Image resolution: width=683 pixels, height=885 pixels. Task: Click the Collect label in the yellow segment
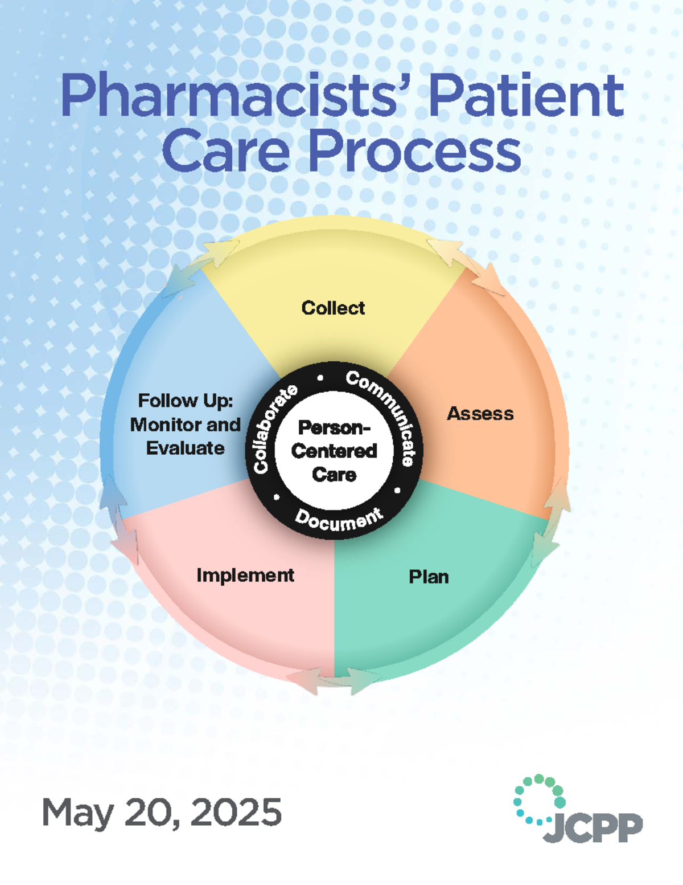click(x=333, y=308)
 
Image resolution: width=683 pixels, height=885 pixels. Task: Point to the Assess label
click(x=480, y=414)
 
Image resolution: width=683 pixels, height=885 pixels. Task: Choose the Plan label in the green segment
click(x=429, y=577)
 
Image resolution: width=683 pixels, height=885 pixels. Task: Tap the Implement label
click(x=245, y=575)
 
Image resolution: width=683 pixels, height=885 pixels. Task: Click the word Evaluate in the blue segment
click(x=186, y=448)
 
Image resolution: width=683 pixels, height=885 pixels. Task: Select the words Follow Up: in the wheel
click(x=186, y=401)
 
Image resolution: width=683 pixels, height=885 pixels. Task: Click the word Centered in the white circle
click(x=334, y=451)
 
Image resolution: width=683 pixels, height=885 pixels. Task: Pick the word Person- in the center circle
click(x=334, y=427)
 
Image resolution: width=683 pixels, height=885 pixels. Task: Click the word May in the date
click(x=78, y=813)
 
